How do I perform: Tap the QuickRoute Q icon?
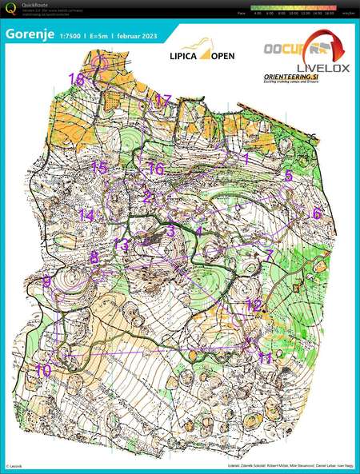point(9,9)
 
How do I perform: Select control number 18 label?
point(77,79)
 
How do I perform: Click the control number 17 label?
point(163,100)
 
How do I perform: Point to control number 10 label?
point(42,370)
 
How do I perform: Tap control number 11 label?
point(266,357)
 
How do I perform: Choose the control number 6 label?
point(317,213)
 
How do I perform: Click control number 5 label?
point(289,175)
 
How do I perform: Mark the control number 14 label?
point(86,215)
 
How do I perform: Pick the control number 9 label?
point(46,281)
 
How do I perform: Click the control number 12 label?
point(254,305)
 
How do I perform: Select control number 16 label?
point(155,169)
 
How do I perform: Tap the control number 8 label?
point(94,257)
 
